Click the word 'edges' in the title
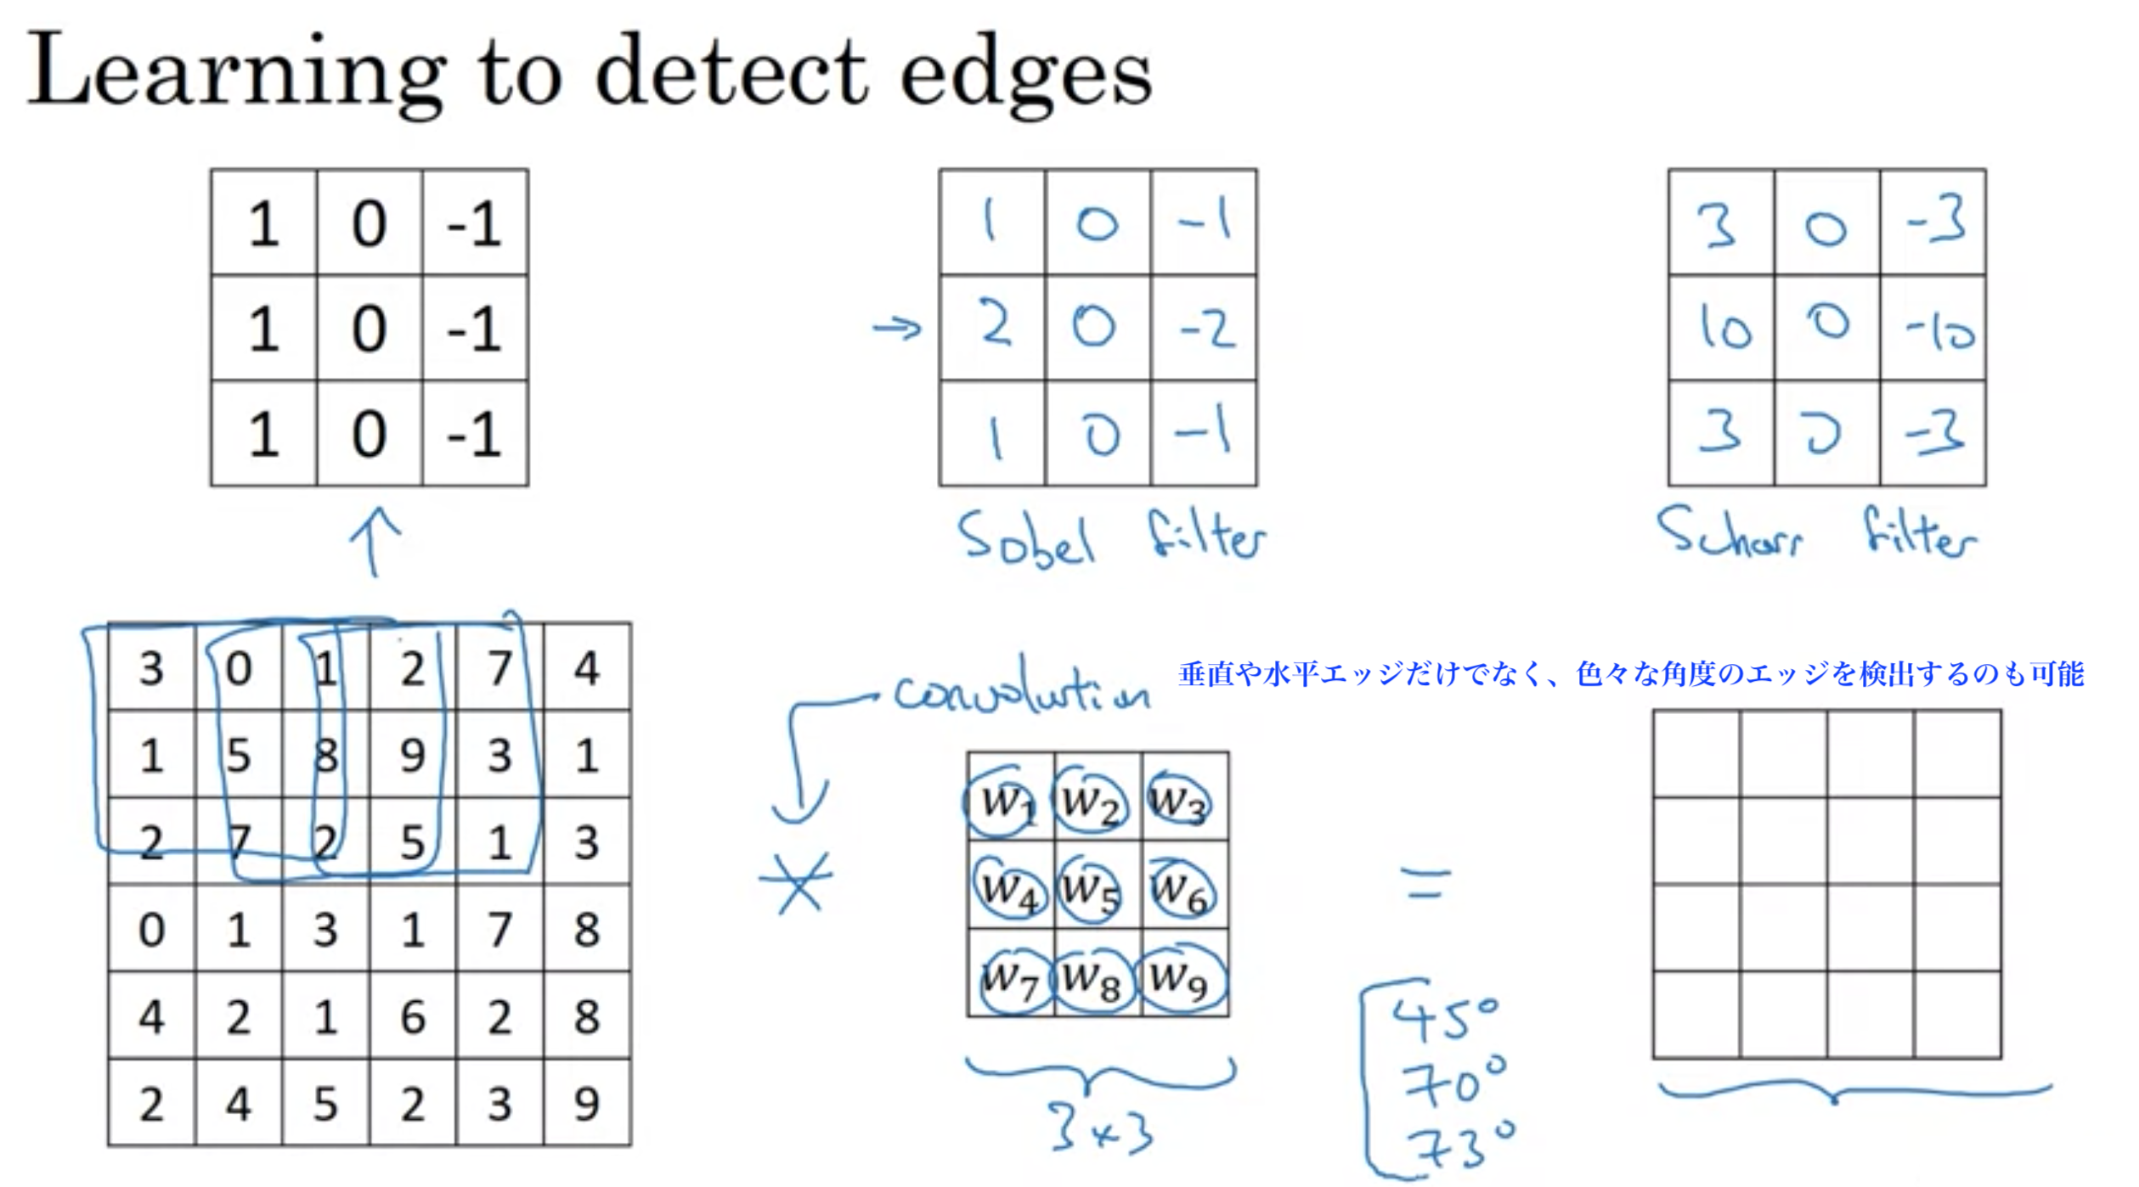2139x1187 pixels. click(1025, 76)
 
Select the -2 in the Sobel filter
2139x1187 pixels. click(1206, 329)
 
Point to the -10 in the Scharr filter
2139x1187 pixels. click(1939, 330)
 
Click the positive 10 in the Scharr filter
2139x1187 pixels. click(1724, 327)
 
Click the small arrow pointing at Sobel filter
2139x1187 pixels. click(897, 327)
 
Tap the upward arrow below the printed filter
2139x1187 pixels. click(375, 541)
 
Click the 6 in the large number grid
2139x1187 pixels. click(413, 1016)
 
